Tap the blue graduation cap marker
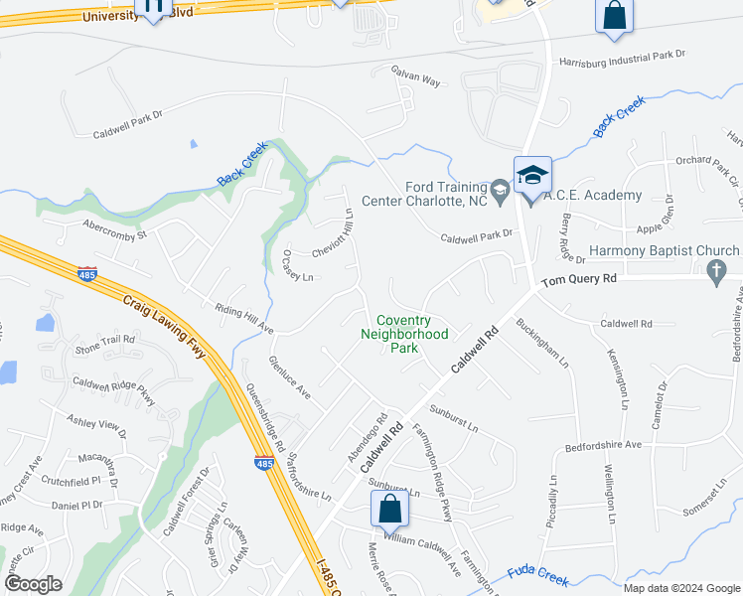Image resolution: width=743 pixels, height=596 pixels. [x=532, y=175]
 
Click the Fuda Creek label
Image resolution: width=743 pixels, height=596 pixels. [x=536, y=572]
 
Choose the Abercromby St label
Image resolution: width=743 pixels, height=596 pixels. [x=114, y=229]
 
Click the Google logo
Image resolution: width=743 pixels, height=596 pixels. [x=32, y=583]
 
